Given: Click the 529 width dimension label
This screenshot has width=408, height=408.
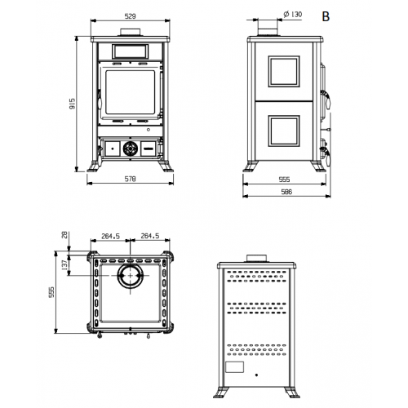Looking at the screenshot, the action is (x=130, y=16).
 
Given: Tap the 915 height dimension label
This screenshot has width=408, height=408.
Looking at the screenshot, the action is (x=73, y=104).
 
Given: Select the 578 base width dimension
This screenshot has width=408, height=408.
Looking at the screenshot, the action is (x=130, y=179).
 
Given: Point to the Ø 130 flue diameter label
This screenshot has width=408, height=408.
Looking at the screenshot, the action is (x=293, y=14).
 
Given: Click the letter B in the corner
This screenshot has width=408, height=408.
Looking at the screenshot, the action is (x=326, y=16).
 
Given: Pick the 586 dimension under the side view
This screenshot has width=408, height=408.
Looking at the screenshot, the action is (x=286, y=192).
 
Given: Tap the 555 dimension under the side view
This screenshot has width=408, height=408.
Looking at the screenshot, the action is (x=285, y=180).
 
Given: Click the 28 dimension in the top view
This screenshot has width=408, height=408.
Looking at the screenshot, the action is (x=65, y=235).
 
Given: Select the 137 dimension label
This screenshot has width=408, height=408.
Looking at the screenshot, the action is (x=64, y=265).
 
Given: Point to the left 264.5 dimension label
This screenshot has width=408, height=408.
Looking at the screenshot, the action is (x=110, y=237).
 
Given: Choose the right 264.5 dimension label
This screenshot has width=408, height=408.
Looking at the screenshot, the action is (x=150, y=236).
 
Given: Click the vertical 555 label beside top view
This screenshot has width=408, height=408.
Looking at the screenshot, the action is (x=51, y=292).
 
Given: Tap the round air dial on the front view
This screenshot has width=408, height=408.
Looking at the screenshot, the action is (x=131, y=149).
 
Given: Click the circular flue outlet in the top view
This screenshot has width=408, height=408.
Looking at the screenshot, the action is (x=131, y=276).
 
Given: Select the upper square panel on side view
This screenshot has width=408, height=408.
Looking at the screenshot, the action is (x=284, y=72).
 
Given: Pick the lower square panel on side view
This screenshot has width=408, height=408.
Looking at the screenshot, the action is (x=284, y=131).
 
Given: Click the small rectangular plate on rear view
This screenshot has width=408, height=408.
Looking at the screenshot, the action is (x=235, y=367).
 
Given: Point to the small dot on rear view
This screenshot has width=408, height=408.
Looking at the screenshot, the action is (x=256, y=375).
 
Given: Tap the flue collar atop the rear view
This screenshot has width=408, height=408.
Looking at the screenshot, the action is (x=257, y=259).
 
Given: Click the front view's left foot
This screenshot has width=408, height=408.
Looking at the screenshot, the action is (x=93, y=166).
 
